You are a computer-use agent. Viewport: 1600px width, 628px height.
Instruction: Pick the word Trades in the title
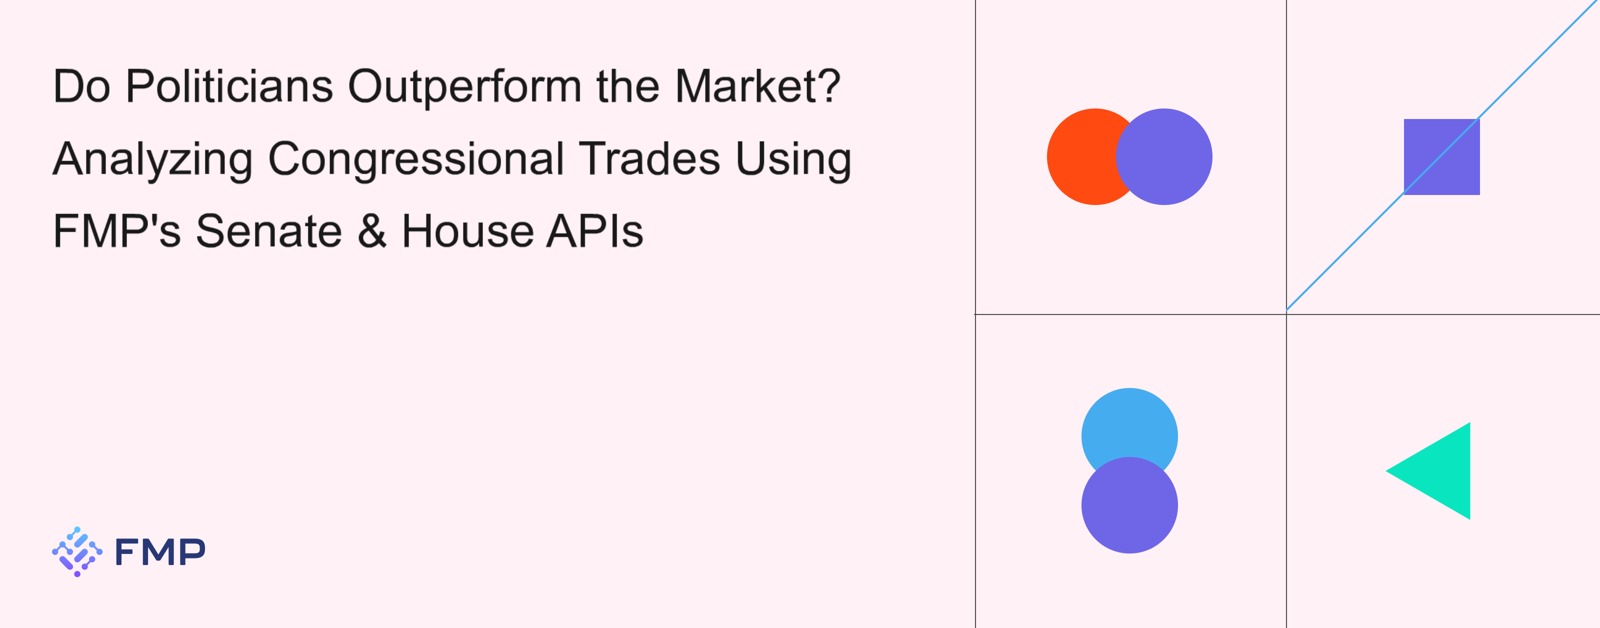tap(649, 158)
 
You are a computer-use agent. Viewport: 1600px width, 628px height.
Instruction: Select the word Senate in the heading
tap(269, 231)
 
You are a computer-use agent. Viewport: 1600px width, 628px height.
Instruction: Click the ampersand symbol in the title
tap(372, 231)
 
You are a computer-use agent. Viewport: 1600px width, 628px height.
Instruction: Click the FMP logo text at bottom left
tap(160, 551)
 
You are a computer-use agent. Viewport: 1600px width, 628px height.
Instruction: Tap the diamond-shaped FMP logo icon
tap(77, 551)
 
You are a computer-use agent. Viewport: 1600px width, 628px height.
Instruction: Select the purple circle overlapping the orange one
tap(1164, 156)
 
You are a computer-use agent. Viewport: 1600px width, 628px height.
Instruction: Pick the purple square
tap(1441, 156)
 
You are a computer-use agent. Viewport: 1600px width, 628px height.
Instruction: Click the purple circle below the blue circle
tap(1129, 505)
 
